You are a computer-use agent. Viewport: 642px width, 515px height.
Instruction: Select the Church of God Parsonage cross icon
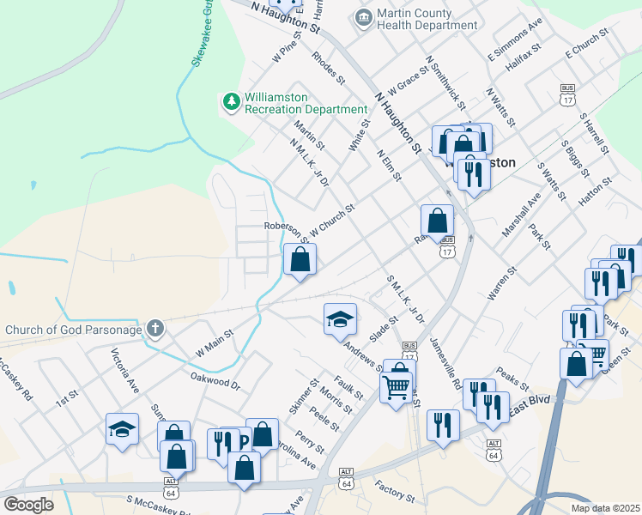point(154,328)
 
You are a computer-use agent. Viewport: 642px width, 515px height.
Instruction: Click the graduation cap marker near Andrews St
point(340,319)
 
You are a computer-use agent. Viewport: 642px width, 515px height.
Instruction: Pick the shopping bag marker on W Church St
point(300,259)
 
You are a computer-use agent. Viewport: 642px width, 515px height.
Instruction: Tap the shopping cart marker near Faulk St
point(396,387)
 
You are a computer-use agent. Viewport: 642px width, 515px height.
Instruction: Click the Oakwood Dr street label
point(215,380)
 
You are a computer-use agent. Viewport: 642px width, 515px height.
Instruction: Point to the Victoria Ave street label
point(124,368)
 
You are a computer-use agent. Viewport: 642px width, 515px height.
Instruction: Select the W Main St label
point(215,342)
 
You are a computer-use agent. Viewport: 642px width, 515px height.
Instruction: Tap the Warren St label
point(501,282)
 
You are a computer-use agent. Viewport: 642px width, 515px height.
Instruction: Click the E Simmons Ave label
point(515,39)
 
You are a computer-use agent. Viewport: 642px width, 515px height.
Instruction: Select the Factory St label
point(395,492)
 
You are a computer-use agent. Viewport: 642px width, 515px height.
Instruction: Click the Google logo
point(28,504)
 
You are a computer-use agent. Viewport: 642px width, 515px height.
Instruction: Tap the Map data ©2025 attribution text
point(603,508)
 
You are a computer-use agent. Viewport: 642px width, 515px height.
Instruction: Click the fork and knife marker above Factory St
point(443,426)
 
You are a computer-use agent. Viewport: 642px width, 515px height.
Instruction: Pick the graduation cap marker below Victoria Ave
point(122,429)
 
